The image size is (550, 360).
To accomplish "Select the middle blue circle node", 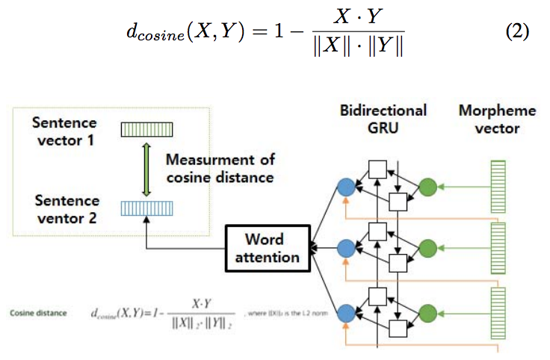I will (346, 248).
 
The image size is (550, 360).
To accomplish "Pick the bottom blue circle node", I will (346, 311).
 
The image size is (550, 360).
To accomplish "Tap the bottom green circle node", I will (428, 311).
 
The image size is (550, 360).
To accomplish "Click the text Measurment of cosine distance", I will (220, 168).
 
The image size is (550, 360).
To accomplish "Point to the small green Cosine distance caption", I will (35, 312).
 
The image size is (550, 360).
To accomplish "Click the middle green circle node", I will (428, 248).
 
